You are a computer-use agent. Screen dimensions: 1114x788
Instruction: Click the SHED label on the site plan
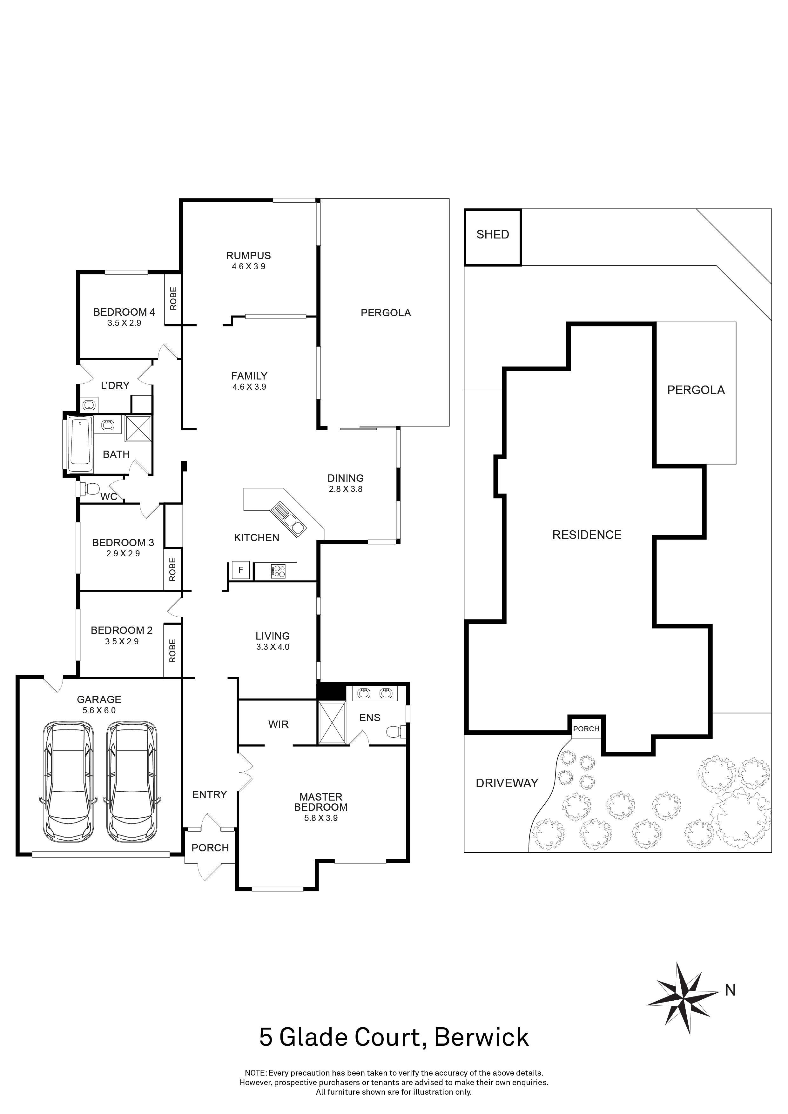tap(493, 235)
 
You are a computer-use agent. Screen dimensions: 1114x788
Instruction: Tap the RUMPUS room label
tap(248, 256)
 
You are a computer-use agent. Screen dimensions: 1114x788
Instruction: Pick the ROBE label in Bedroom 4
tap(173, 299)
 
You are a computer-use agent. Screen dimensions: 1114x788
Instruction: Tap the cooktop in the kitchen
tap(278, 571)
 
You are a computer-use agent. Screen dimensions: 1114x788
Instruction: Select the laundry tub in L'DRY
tap(89, 405)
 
